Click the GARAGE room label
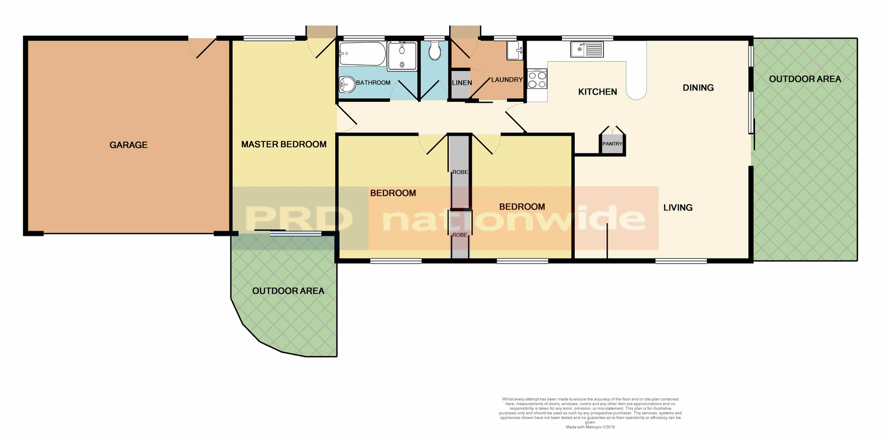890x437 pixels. point(128,145)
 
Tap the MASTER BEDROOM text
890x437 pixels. point(284,145)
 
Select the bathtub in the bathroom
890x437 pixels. point(362,54)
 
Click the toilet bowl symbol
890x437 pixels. point(434,51)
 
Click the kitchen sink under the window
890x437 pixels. point(587,49)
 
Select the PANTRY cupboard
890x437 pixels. point(612,144)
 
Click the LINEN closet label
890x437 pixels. point(462,83)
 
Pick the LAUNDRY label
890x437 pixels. point(507,80)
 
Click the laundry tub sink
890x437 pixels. point(515,50)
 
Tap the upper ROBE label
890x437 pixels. point(460,172)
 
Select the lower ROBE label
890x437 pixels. point(460,235)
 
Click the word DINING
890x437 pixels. point(698,88)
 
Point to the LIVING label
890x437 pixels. point(678,208)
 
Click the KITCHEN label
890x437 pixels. point(598,92)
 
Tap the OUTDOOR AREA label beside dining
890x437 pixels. point(805,79)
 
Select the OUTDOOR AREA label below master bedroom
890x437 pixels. point(288,291)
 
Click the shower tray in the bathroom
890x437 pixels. point(402,56)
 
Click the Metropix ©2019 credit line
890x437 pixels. point(590,427)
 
